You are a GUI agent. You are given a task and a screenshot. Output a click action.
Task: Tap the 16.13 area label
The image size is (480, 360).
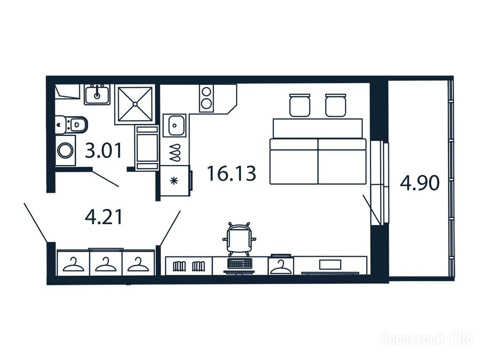pyautogui.click(x=231, y=173)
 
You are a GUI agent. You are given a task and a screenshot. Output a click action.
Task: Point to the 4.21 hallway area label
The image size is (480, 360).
pyautogui.click(x=104, y=217)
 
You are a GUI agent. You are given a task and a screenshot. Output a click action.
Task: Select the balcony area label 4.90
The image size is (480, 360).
pyautogui.click(x=419, y=183)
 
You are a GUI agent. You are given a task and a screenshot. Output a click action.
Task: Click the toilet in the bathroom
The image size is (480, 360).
pyautogui.click(x=72, y=125)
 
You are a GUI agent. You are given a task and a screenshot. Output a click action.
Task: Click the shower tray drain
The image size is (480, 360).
pyautogui.click(x=135, y=104)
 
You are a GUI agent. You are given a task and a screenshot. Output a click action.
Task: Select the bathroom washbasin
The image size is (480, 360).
pyautogui.click(x=97, y=95)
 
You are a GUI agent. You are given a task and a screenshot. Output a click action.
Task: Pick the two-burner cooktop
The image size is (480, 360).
pyautogui.click(x=206, y=98)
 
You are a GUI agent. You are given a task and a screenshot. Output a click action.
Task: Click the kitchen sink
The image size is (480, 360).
pyautogui.click(x=175, y=125)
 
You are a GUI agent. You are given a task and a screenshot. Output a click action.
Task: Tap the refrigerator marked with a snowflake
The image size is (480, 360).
pyautogui.click(x=175, y=181)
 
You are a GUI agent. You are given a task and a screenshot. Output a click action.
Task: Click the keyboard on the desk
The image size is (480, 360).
pyautogui.click(x=240, y=263)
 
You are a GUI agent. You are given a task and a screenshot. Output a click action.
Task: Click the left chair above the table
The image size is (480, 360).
pyautogui.click(x=300, y=105)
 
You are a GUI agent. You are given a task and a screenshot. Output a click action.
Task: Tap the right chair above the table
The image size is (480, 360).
pyautogui.click(x=335, y=105)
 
